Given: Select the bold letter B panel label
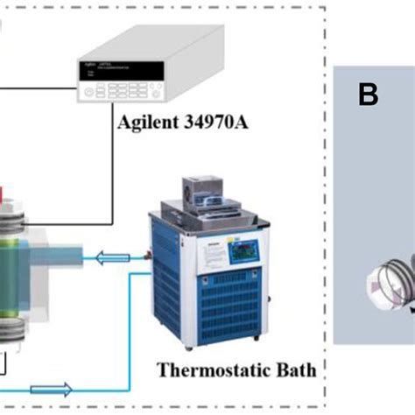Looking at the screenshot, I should tap(369, 94).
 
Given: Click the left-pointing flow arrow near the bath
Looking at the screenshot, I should tap(116, 257).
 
